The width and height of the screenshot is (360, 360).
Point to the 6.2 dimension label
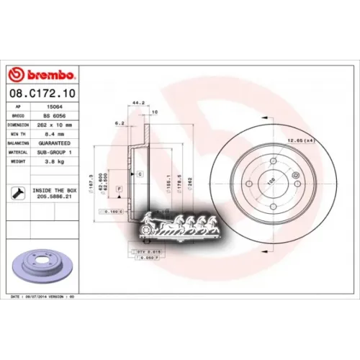click(x=120, y=123)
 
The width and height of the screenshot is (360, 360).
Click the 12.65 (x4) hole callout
click(x=300, y=140)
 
